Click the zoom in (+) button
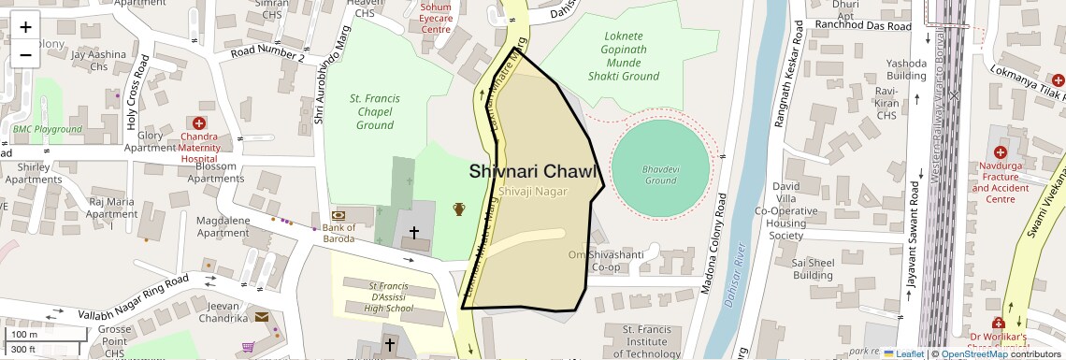click(25, 27)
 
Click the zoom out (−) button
click(25, 54)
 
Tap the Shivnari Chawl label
click(532, 171)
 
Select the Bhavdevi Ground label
click(659, 175)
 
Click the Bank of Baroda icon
click(338, 214)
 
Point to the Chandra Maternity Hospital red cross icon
click(198, 123)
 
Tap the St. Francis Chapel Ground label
click(374, 111)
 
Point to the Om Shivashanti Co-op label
click(608, 261)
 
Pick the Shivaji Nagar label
click(533, 191)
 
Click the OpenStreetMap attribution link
click(973, 353)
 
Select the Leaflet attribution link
click(903, 353)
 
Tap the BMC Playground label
click(48, 127)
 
